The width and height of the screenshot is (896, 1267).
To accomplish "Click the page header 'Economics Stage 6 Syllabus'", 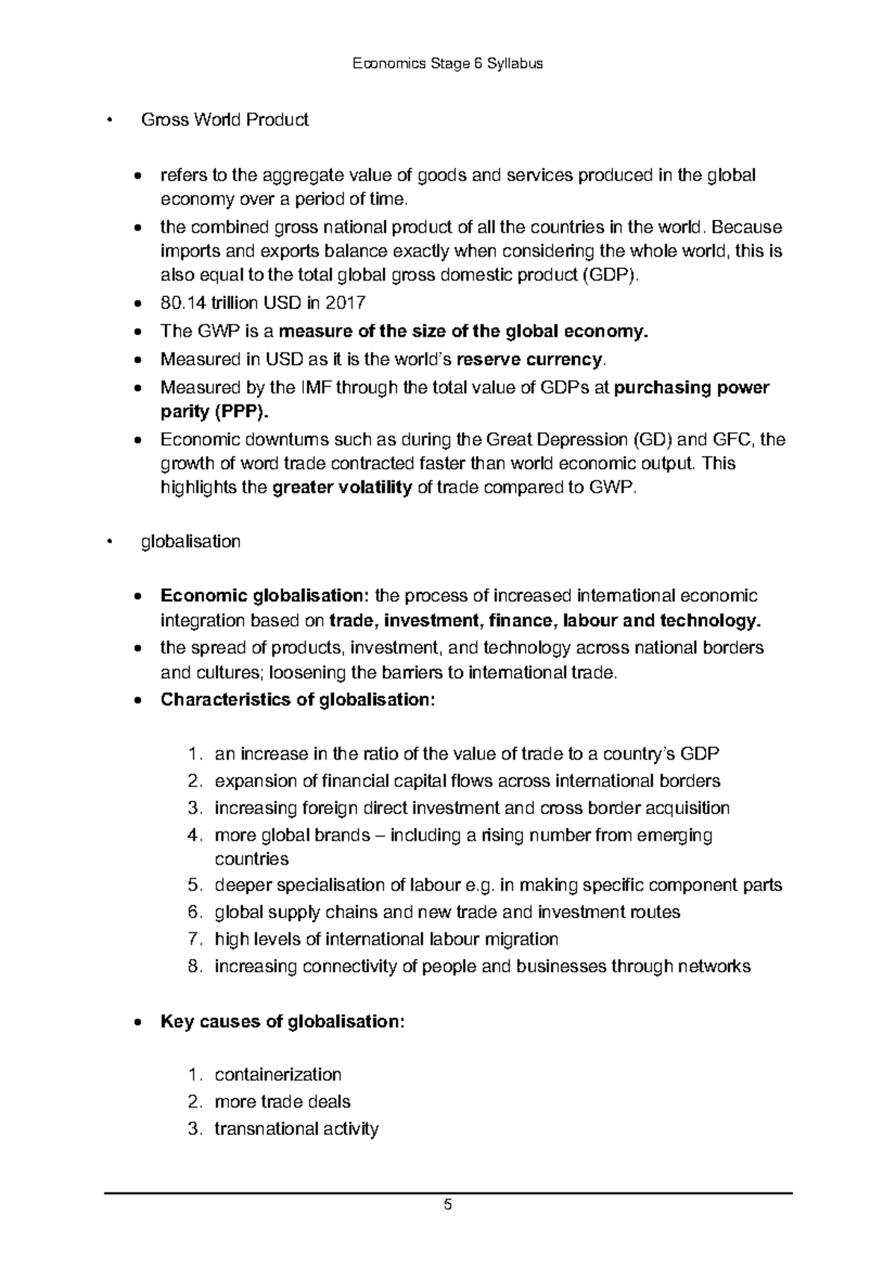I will (x=447, y=63).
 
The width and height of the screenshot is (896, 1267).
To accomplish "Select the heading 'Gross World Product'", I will (x=225, y=119).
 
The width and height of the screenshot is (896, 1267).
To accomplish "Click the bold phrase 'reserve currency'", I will (x=527, y=360).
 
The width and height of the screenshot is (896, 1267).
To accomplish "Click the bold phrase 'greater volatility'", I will (x=343, y=489).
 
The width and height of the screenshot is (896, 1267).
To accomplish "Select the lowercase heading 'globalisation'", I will (x=190, y=542).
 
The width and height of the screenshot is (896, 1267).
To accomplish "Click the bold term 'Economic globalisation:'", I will (x=264, y=595).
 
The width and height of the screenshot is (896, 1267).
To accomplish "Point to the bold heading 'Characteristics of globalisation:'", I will (x=296, y=700).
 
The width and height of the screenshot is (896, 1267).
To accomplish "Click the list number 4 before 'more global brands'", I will (x=193, y=835).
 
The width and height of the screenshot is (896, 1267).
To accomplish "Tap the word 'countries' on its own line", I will (x=252, y=859).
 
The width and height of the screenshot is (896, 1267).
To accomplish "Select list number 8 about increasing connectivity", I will (x=193, y=967).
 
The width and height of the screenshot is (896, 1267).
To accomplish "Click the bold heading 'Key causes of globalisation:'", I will (x=282, y=1022).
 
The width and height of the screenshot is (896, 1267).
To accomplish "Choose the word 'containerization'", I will (x=278, y=1074).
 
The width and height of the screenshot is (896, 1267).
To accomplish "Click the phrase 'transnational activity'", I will (x=296, y=1128).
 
